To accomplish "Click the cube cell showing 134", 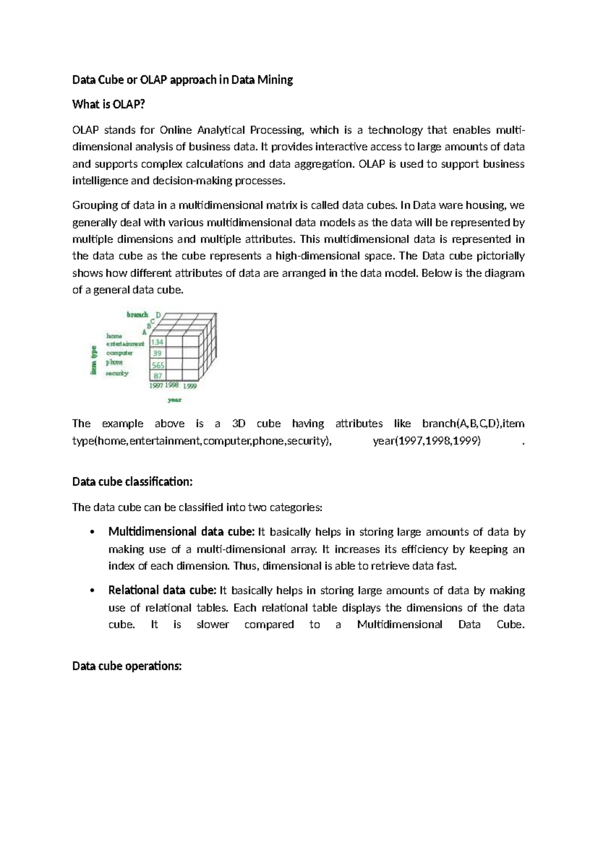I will click(x=157, y=342).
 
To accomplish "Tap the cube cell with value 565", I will click(x=158, y=365).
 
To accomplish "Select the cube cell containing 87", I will click(x=157, y=376).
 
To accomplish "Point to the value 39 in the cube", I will click(x=157, y=353).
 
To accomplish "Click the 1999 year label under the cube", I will click(x=189, y=386).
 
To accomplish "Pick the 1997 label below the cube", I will click(x=157, y=385).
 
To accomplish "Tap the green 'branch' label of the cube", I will click(x=137, y=314).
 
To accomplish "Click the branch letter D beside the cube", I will click(x=158, y=315).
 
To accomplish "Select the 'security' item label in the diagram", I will click(x=117, y=373).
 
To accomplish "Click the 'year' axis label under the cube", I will click(x=175, y=400).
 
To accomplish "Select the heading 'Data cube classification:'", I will click(x=132, y=482).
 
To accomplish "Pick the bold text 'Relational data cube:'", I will click(x=162, y=590).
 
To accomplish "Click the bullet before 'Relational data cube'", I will click(x=91, y=591).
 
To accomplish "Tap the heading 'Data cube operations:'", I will click(x=127, y=666).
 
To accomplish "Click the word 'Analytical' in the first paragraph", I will click(x=221, y=131).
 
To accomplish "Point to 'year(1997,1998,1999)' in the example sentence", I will click(x=427, y=441).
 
